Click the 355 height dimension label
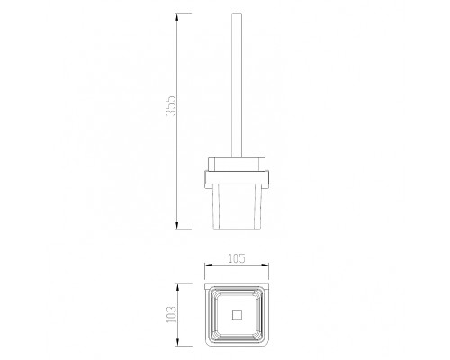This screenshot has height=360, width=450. coord(171,105)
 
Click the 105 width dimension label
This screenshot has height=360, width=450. coord(237,258)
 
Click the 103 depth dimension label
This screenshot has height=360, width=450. coord(172,314)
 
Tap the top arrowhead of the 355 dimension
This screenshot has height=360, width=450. coord(176,17)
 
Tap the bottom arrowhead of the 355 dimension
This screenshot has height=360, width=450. coord(176,226)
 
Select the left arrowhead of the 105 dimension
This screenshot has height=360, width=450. coord(209,265)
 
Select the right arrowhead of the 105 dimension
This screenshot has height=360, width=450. coord(265,265)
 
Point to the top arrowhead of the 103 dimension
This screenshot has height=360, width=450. coord(177,287)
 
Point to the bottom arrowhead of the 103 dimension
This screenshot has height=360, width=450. coord(177,342)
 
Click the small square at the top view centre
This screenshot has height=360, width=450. coord(237,314)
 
